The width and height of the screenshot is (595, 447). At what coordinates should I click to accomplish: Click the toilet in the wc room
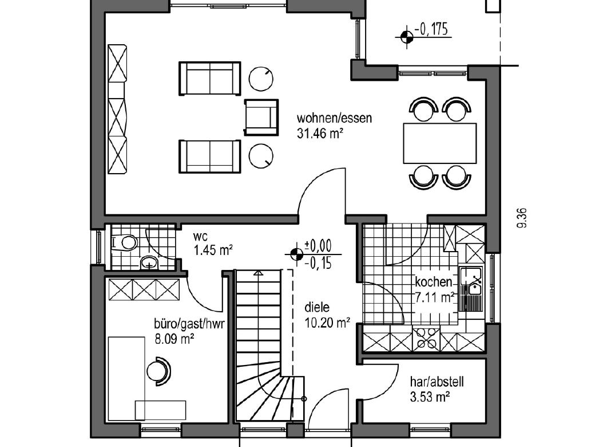click(x=125, y=242)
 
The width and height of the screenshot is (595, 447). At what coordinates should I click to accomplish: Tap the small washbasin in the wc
click(x=149, y=262)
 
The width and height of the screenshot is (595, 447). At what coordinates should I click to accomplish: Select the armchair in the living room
click(x=261, y=117)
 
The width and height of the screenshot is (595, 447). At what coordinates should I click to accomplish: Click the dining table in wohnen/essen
click(x=440, y=143)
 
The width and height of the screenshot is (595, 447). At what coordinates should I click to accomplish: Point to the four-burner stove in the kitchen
click(x=426, y=339)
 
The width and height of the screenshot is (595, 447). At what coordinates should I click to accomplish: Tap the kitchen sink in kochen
click(x=471, y=289)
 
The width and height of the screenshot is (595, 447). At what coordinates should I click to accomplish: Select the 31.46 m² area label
click(x=320, y=134)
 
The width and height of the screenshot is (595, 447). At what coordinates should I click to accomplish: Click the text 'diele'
click(x=317, y=307)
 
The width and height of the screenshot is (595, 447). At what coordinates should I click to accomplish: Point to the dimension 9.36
click(x=522, y=218)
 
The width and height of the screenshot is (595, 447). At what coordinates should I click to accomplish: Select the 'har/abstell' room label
click(x=437, y=382)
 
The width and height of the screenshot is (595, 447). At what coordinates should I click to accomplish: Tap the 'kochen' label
click(x=434, y=282)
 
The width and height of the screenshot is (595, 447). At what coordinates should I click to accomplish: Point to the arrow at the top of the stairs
click(x=259, y=272)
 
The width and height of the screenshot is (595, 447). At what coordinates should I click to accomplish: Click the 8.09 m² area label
click(x=174, y=338)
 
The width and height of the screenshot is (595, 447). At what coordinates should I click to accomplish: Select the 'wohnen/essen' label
click(x=334, y=118)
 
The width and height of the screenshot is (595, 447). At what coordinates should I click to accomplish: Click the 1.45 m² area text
click(x=213, y=250)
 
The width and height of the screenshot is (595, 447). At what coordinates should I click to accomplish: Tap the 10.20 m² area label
click(x=327, y=323)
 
